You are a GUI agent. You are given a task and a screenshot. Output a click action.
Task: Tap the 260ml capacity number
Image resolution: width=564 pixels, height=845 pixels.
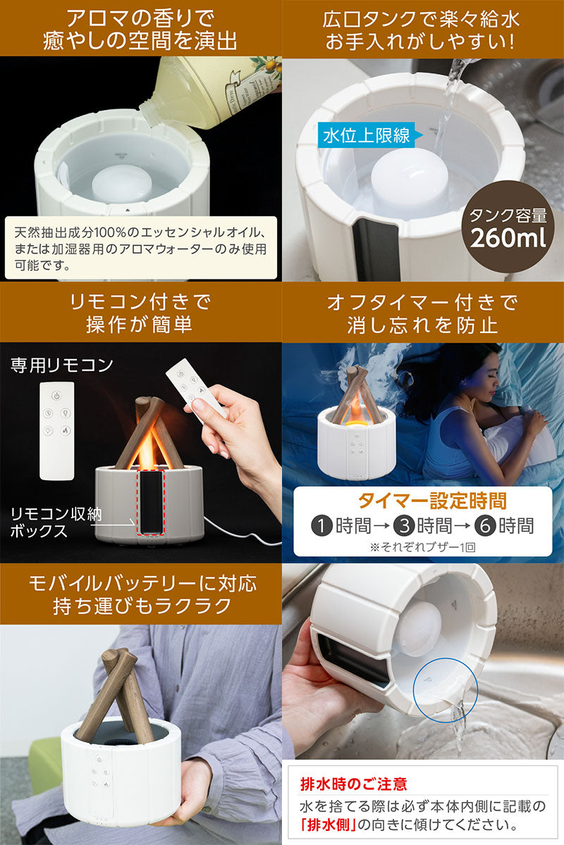[508, 239]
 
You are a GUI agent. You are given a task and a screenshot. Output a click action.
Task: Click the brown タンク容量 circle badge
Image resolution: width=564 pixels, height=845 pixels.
[508, 226]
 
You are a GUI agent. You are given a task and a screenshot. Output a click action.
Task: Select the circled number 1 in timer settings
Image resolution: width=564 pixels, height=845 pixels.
[322, 526]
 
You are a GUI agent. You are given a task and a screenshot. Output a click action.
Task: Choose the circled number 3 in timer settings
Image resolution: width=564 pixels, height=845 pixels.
[404, 526]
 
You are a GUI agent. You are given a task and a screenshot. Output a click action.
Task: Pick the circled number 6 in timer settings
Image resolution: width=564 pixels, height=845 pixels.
[486, 526]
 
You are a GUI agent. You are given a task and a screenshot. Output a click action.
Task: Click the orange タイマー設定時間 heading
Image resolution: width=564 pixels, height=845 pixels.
[432, 501]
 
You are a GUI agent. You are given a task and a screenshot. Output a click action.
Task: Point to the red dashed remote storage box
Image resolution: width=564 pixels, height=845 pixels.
[151, 502]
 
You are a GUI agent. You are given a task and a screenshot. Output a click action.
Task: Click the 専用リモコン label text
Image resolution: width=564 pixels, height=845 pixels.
[61, 365]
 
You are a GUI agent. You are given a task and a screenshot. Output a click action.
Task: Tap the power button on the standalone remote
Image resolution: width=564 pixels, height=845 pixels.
[56, 396]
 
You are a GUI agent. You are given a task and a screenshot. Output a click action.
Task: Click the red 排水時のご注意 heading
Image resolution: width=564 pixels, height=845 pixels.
[354, 784]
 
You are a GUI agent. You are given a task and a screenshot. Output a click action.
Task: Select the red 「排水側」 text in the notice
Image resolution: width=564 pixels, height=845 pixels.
[328, 825]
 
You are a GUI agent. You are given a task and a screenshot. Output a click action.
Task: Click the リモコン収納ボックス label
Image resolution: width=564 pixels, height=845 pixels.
[56, 522]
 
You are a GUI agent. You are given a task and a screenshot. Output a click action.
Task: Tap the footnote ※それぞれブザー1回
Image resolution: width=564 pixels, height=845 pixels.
[423, 547]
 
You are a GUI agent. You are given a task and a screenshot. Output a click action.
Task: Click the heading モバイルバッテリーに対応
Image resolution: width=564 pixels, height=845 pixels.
[143, 583]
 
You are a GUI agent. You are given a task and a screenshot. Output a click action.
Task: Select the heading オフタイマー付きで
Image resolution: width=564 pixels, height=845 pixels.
[422, 303]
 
